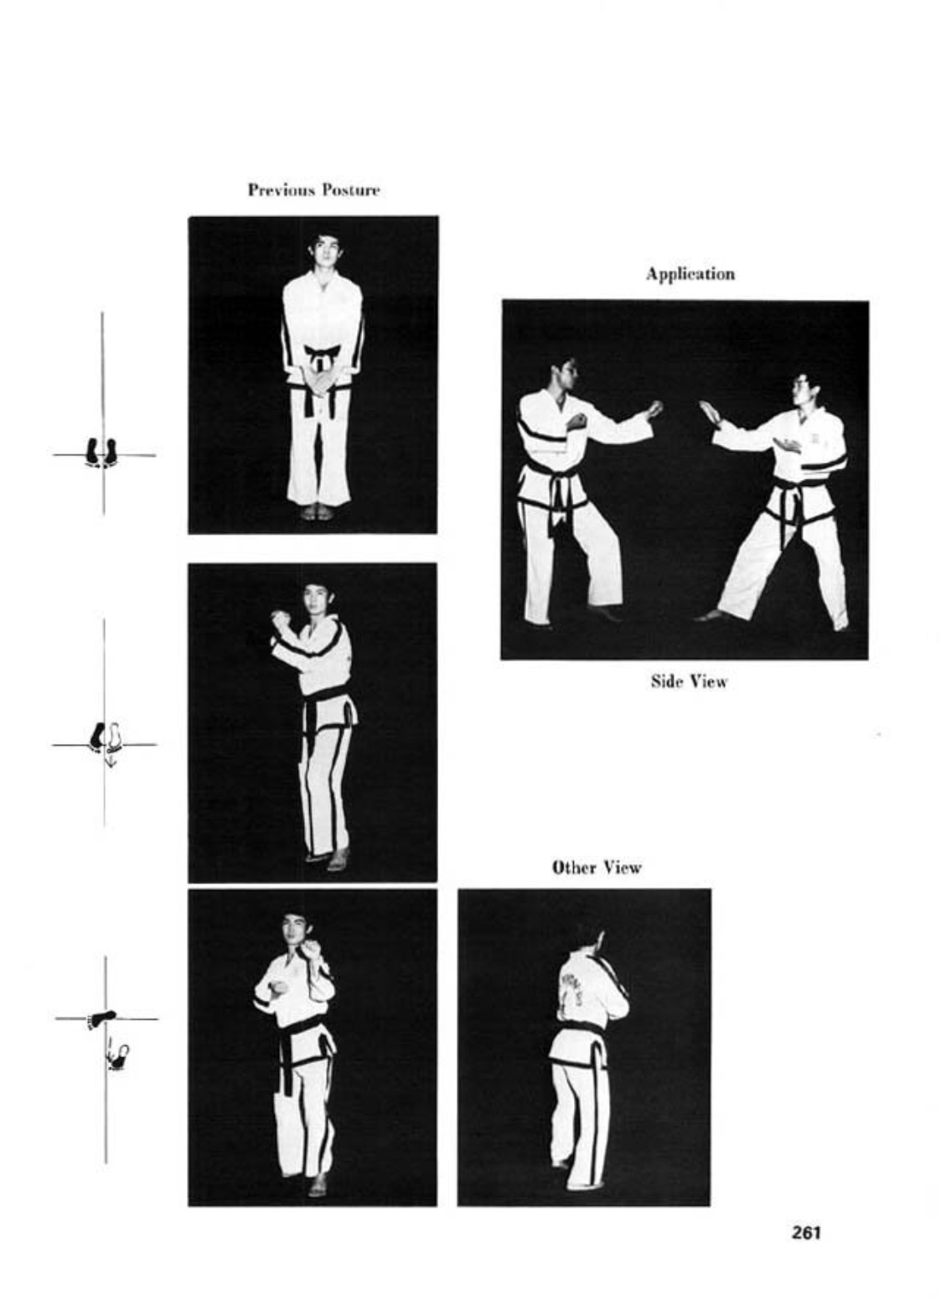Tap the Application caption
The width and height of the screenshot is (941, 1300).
(690, 274)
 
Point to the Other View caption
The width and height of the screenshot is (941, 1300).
(597, 868)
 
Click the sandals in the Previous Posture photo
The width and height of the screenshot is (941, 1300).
(317, 513)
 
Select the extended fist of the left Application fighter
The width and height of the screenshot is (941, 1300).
(654, 410)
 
